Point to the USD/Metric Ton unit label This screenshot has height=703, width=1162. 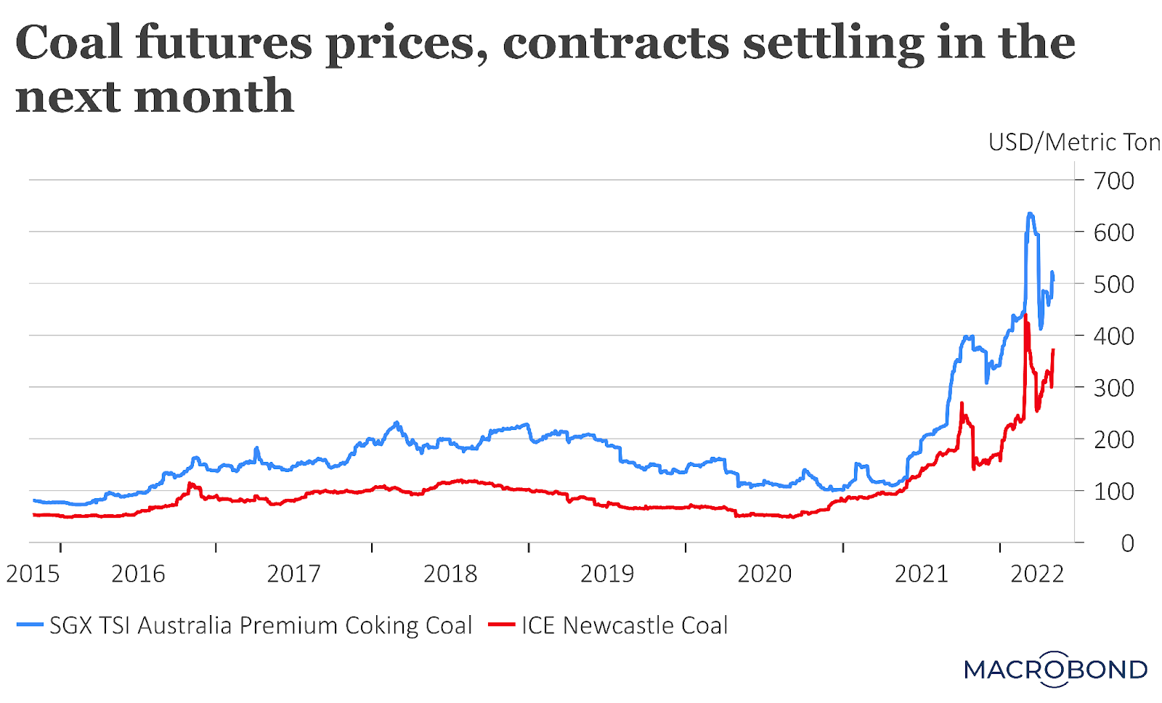[1073, 142]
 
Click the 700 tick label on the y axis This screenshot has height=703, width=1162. [1113, 180]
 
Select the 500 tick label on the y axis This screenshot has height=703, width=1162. [1113, 284]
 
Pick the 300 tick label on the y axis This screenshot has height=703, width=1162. [1113, 388]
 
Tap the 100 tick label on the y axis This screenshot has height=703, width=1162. [1113, 492]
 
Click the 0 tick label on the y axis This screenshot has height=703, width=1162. [1126, 543]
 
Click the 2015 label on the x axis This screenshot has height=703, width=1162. [33, 574]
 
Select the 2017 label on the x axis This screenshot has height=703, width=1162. [293, 574]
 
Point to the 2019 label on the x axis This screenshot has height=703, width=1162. [607, 574]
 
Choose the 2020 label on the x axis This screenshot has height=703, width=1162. [764, 574]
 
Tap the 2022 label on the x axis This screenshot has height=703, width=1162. [1037, 574]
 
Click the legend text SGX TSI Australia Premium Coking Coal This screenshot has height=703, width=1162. [261, 625]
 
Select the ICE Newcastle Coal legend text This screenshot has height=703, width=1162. [625, 625]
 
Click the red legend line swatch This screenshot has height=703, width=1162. [501, 625]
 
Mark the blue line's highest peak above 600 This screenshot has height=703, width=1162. [1030, 214]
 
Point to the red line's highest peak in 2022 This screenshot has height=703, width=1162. [1025, 316]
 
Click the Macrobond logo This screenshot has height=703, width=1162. [1055, 669]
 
